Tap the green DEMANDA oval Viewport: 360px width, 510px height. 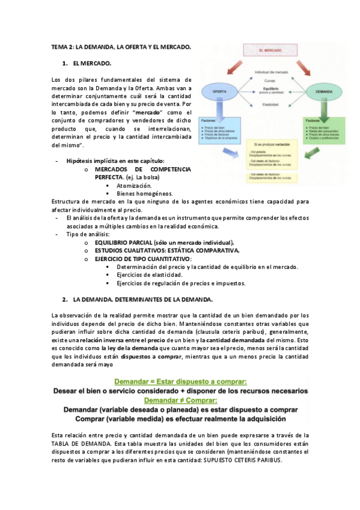tap(322, 92)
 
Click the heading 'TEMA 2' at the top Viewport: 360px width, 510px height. tap(121, 46)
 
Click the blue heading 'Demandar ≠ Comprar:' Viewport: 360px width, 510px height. tap(180, 399)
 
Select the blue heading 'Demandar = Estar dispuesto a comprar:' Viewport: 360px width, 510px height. tap(180, 381)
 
